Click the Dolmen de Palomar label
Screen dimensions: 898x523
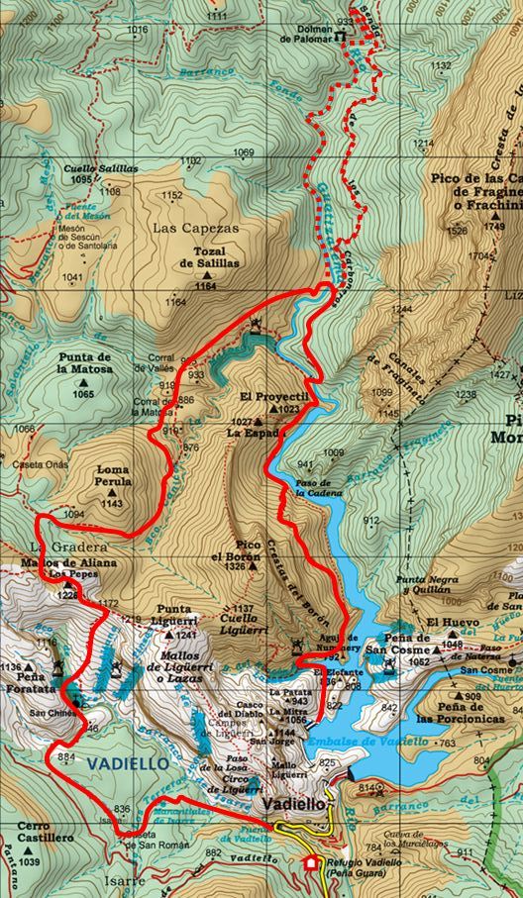coord(305,36)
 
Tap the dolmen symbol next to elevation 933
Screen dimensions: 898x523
coord(340,37)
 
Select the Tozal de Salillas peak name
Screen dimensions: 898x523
coord(209,257)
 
